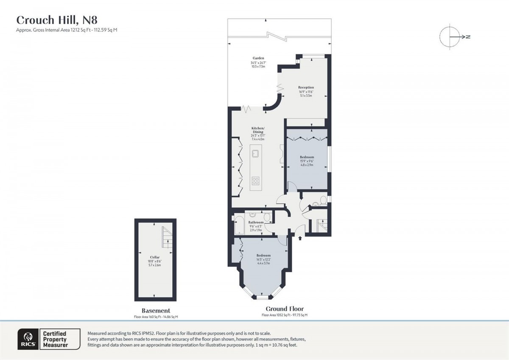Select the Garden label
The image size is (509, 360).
click(x=258, y=58)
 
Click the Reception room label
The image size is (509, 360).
click(x=306, y=87)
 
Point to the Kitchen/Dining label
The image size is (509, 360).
click(x=258, y=130)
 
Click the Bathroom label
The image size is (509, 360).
click(x=256, y=222)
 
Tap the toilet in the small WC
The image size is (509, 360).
click(x=323, y=200)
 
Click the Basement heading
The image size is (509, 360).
click(x=156, y=311)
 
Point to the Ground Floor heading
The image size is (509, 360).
click(x=285, y=309)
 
